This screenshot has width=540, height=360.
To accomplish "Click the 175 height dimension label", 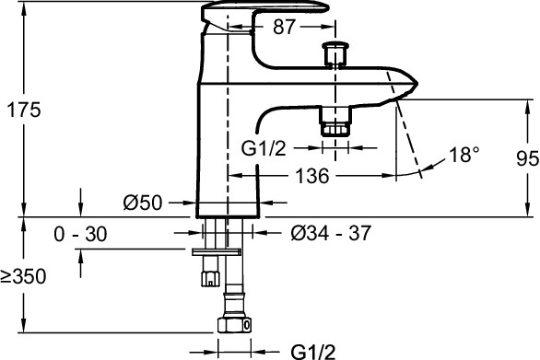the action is [24, 110].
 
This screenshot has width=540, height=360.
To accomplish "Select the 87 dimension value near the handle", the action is [284, 27].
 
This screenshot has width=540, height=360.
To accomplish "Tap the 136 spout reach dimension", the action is [312, 176].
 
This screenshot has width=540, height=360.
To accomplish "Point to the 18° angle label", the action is [464, 154].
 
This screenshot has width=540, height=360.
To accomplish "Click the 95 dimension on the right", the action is [528, 158].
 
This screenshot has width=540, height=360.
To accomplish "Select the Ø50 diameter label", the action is [143, 203].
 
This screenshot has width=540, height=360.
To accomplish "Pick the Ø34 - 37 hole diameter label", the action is [331, 233].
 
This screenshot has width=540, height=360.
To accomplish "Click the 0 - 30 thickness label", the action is [80, 234].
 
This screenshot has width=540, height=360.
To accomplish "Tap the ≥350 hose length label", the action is [23, 276].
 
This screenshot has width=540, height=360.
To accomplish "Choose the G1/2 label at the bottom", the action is [313, 352].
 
